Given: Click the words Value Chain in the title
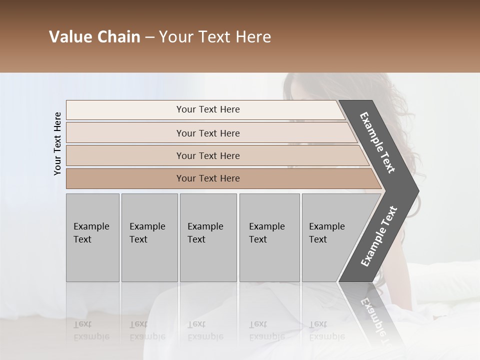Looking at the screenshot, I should click(x=94, y=37).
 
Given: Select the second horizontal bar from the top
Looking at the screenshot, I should click(x=208, y=133).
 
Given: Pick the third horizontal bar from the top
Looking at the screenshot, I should click(x=208, y=155).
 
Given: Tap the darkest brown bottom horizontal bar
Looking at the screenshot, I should click(x=208, y=178).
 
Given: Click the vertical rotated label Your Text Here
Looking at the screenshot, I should click(x=57, y=143).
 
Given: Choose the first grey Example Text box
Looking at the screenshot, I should click(x=92, y=237).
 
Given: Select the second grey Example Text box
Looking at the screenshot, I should click(x=149, y=237).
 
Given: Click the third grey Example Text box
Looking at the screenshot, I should click(x=207, y=237).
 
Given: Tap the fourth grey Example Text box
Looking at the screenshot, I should click(x=269, y=237).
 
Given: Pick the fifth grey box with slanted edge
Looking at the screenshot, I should click(x=330, y=237).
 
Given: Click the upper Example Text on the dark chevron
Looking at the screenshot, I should click(x=377, y=142).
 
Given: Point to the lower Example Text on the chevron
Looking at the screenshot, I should click(x=378, y=236).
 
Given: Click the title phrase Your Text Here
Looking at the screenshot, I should click(x=215, y=37).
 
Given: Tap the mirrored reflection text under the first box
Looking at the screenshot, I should click(x=91, y=330).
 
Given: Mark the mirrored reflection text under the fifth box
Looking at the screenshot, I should click(x=326, y=330).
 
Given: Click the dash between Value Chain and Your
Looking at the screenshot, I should click(x=149, y=37).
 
